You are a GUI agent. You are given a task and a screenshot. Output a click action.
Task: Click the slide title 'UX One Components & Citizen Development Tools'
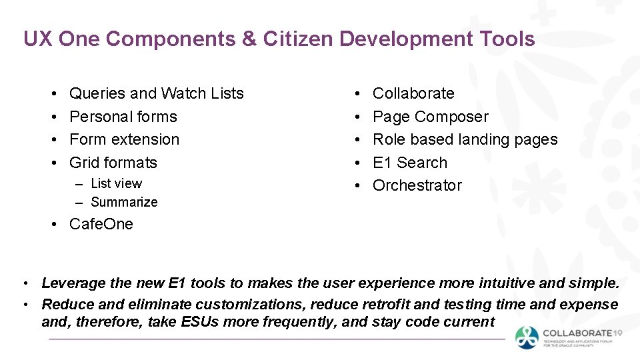[x=279, y=39]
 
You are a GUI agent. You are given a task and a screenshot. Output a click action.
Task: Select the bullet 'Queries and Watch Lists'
[x=156, y=93]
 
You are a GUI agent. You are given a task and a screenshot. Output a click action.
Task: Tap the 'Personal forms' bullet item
[x=123, y=117]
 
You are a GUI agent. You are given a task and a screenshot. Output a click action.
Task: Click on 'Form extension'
[x=124, y=139]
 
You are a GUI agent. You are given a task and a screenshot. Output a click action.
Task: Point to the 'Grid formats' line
[x=113, y=163]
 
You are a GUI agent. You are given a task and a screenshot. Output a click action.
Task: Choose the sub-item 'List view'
[x=116, y=183]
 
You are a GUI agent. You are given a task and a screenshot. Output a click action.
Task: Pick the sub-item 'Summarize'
[x=124, y=202]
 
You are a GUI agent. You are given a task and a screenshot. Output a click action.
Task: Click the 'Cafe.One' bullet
[x=101, y=224]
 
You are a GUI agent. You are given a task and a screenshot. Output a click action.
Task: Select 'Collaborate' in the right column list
[x=413, y=93]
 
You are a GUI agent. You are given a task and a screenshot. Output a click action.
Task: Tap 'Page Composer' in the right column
[x=430, y=117]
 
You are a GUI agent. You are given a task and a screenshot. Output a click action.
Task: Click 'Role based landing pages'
[x=465, y=139]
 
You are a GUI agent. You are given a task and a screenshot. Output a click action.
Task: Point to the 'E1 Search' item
[x=409, y=163]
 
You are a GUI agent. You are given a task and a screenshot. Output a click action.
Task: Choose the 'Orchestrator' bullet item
[x=417, y=185]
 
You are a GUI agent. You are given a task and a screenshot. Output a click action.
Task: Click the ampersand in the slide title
[x=249, y=39]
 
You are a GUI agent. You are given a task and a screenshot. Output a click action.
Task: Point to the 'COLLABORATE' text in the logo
[x=577, y=333]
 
